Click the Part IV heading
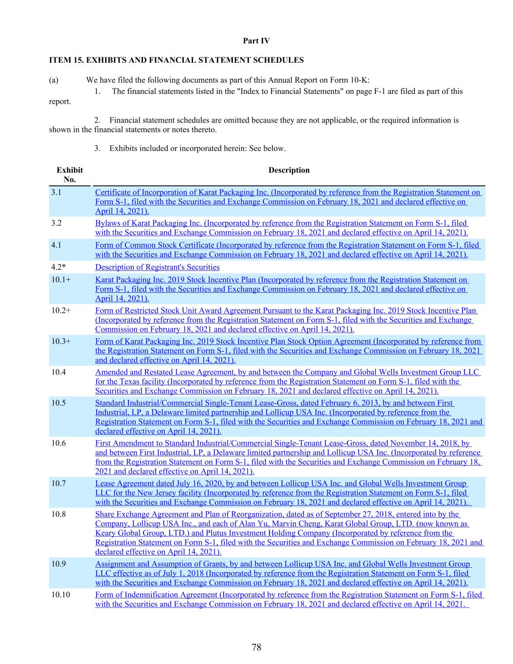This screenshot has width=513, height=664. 256,41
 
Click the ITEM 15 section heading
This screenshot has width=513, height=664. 176,60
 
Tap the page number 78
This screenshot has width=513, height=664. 256,647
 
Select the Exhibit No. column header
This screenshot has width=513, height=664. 70,175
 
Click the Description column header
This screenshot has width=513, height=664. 289,170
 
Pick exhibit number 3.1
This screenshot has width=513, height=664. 56,192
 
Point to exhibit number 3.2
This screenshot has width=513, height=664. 56,223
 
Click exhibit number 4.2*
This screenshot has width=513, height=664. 58,267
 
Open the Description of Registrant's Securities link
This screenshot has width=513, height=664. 157,267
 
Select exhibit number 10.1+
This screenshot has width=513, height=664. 61,280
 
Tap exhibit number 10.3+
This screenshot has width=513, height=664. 61,341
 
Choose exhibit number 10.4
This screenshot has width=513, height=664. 58,372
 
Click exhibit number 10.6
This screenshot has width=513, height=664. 58,443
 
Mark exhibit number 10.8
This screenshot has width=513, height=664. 58,514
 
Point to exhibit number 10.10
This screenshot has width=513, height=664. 60,594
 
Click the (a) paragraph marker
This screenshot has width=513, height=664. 53,80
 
